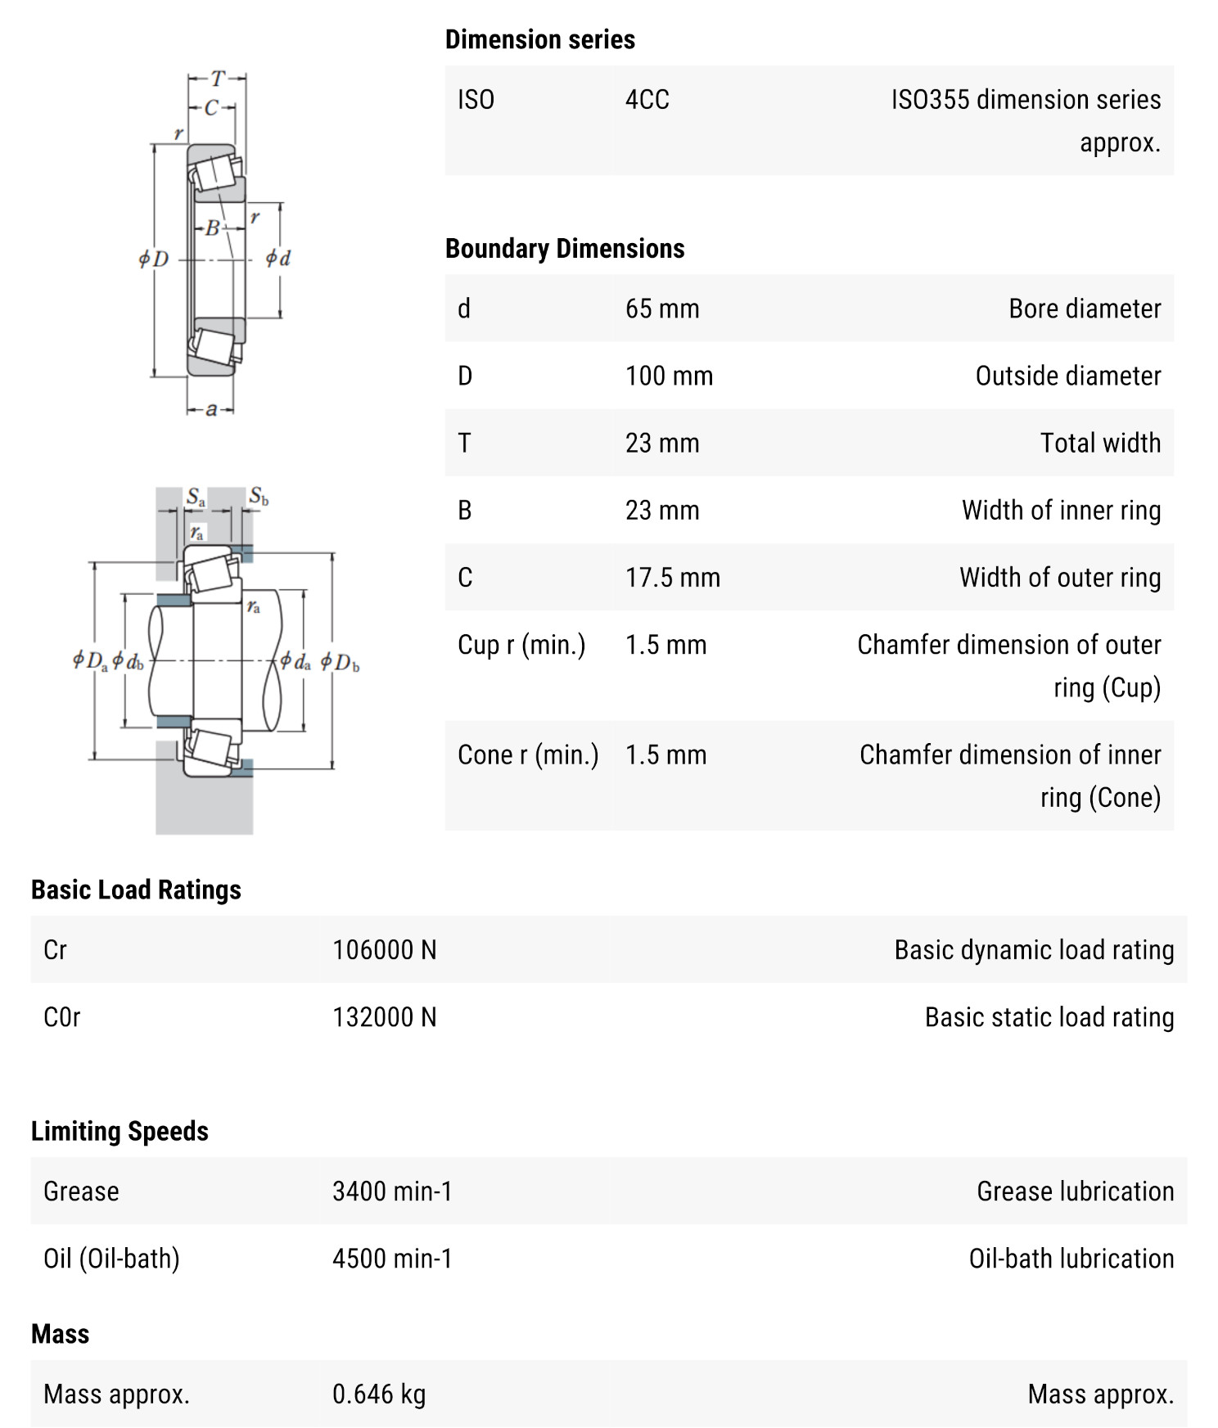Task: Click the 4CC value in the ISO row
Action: (647, 100)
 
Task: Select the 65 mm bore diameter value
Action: (662, 309)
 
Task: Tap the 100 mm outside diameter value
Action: (669, 376)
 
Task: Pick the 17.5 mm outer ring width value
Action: (672, 577)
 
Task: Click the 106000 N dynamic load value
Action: (384, 949)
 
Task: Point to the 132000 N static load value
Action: (384, 1016)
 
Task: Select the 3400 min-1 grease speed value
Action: (391, 1191)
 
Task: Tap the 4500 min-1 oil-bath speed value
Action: (391, 1258)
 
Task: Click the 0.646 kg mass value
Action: (378, 1394)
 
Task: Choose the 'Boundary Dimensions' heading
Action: (564, 248)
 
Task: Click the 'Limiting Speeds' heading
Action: (120, 1131)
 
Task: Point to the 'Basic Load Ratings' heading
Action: (136, 890)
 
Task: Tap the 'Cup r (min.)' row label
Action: (521, 645)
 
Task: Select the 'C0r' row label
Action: (61, 1016)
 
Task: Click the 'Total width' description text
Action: (1100, 443)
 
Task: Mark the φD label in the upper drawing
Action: (153, 259)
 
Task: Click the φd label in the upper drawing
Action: (277, 259)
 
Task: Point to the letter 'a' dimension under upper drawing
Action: (211, 409)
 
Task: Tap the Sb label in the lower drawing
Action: (259, 496)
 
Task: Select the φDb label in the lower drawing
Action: (340, 662)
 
